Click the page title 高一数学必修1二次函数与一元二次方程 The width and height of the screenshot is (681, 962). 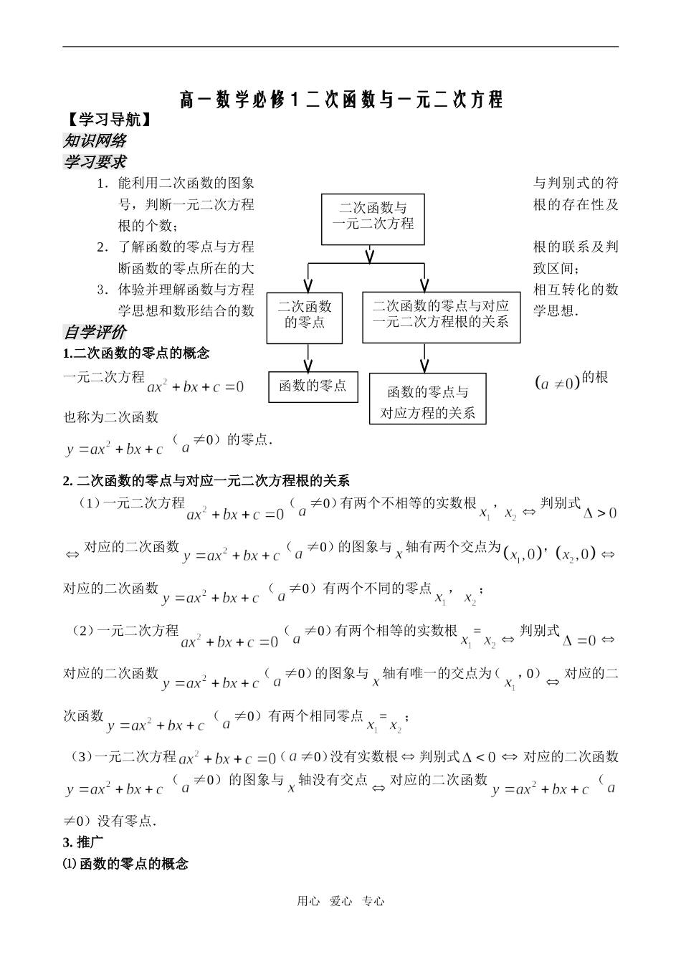(340, 100)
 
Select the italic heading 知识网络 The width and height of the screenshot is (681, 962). (95, 141)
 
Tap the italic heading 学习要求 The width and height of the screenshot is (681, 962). (95, 162)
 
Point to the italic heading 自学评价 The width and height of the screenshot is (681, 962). (95, 332)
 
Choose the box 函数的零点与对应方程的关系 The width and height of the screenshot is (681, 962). (427, 401)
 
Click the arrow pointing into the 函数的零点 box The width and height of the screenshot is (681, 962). (309, 356)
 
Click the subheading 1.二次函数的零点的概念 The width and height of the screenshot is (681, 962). (136, 353)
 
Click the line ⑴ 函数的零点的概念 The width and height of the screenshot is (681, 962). (126, 864)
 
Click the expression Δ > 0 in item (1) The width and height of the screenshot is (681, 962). (600, 513)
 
